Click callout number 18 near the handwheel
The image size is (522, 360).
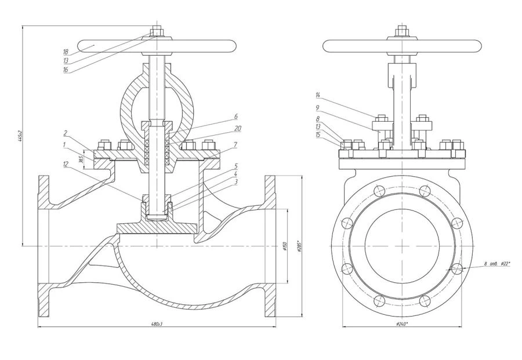point(66,51)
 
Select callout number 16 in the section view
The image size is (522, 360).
point(66,70)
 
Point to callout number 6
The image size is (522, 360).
point(220,117)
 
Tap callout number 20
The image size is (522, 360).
point(222,128)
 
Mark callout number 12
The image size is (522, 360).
point(67,164)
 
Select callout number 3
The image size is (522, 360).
point(220,181)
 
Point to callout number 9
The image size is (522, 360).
point(318,107)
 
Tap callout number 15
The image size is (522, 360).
point(318,134)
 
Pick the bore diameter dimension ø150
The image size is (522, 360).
point(284,246)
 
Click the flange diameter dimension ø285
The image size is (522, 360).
point(299,246)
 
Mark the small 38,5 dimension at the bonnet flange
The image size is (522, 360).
point(81,157)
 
